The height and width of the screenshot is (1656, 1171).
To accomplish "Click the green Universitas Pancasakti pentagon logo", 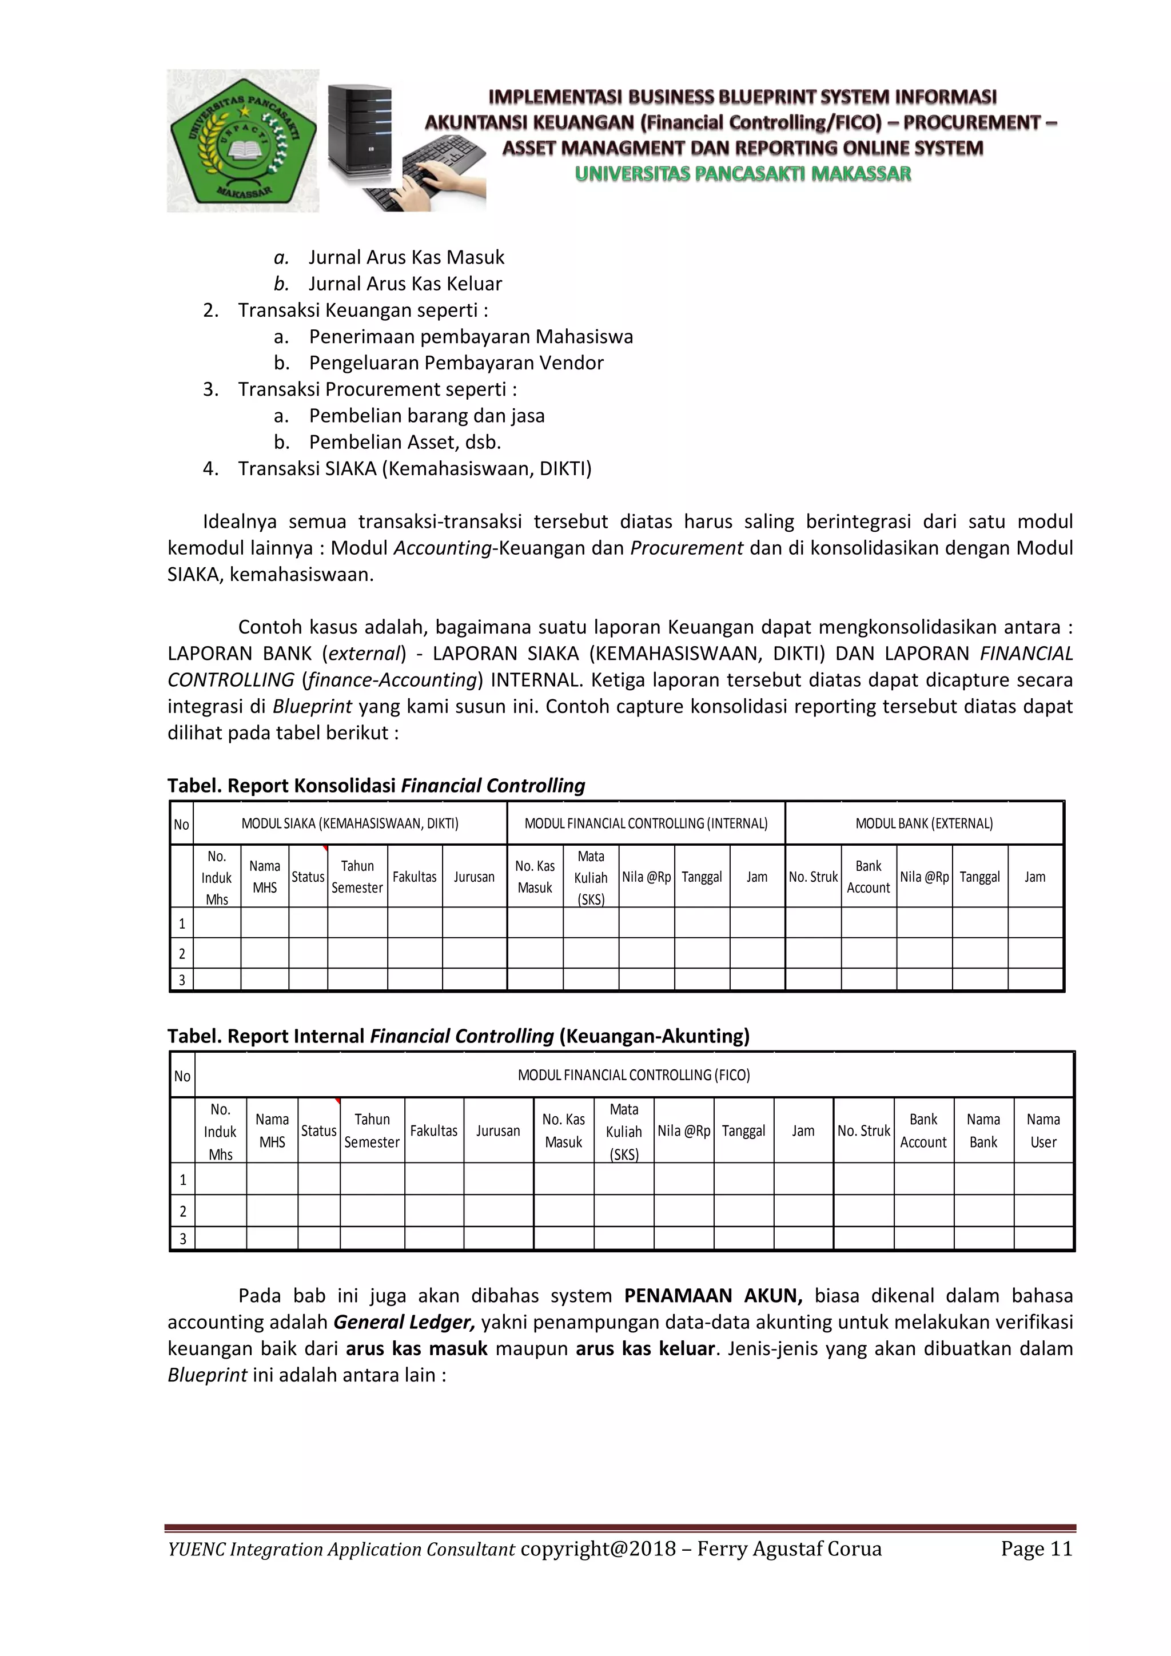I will click(243, 141).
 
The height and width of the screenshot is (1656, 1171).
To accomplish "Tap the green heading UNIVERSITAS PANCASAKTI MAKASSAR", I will click(743, 174).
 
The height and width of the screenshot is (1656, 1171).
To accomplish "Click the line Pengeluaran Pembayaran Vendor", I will click(456, 363).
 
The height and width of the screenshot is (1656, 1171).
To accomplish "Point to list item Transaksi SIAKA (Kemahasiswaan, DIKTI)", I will click(414, 469).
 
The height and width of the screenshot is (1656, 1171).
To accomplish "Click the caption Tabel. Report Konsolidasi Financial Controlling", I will click(376, 786).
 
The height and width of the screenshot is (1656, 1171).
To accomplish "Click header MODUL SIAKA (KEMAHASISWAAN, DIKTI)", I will click(350, 823).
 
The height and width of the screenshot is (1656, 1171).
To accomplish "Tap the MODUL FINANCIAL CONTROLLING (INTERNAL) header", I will click(646, 823).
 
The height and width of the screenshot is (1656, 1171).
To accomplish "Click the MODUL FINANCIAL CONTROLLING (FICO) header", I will click(634, 1074).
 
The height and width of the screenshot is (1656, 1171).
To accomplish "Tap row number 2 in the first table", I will click(182, 953).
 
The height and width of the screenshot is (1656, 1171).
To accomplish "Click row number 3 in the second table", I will click(182, 1239).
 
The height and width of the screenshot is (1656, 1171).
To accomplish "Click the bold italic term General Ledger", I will click(404, 1322).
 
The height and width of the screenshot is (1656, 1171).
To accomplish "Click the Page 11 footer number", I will click(1036, 1548).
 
